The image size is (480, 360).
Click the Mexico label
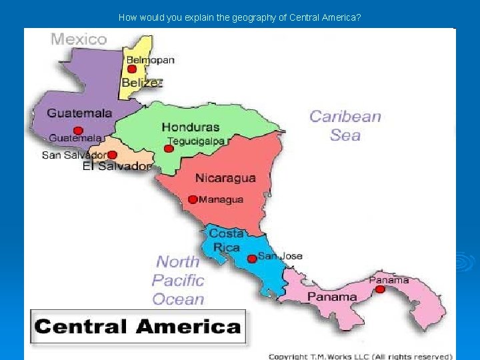coord(79,39)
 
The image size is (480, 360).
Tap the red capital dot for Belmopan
coord(132,69)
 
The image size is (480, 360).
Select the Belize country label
coord(141,83)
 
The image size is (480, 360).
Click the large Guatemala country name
coord(79,113)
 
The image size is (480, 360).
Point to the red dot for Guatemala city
coord(78,131)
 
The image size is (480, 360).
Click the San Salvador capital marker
coord(112,155)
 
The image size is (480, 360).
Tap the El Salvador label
coord(117,166)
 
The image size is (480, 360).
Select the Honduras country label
coord(190,127)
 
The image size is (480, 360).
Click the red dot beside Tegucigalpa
coord(169,148)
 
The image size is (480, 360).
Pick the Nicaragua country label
coord(225,178)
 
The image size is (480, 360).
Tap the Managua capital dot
coord(193,199)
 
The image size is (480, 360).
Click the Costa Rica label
coord(226,240)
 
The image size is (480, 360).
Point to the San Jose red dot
coord(251,259)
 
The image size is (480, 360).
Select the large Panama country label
coord(332,297)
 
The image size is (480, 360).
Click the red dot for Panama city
coord(380,289)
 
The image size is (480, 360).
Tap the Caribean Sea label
coord(345,125)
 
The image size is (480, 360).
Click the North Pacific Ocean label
coord(178,280)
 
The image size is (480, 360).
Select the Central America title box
coord(137,327)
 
